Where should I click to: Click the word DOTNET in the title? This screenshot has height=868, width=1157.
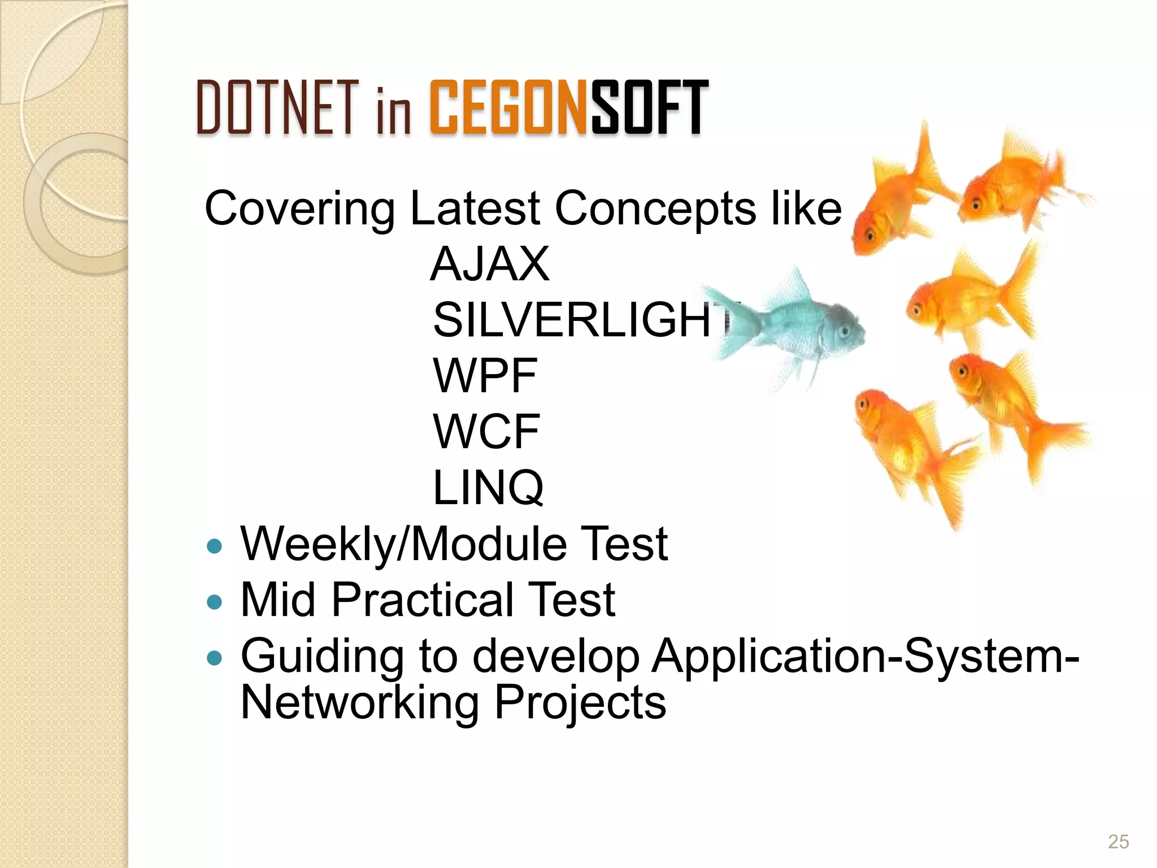point(277,107)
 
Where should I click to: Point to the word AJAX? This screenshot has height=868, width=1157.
point(489,264)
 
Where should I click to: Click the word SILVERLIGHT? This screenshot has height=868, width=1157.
point(582,320)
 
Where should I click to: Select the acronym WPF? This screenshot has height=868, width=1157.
point(485,376)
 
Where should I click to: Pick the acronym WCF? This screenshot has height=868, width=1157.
point(486,432)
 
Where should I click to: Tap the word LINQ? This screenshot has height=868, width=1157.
point(488,487)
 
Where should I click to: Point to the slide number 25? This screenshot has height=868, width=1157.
point(1118,841)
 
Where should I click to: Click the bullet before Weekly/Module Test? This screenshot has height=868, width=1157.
point(215,546)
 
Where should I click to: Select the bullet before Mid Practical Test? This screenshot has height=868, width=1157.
point(215,602)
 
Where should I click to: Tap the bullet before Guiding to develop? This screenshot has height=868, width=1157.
point(215,658)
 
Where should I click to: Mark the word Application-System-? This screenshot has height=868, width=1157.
point(864,657)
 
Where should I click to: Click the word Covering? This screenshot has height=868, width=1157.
point(299,209)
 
